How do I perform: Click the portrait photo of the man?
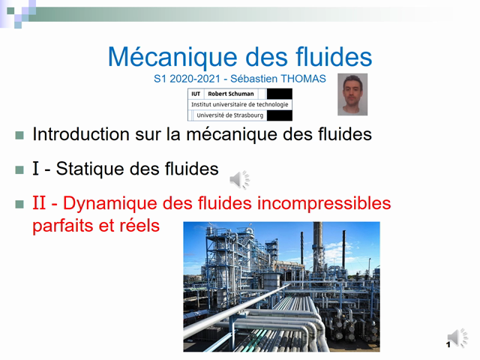(x=352, y=94)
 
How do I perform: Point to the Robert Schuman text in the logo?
(x=230, y=94)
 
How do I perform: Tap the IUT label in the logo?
(x=196, y=94)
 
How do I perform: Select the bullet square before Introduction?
(x=19, y=136)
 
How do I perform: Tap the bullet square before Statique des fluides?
(x=19, y=169)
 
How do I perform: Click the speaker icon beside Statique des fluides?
(x=239, y=179)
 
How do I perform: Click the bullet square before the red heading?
(x=19, y=203)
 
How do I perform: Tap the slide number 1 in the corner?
(x=448, y=344)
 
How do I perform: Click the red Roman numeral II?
(x=39, y=203)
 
